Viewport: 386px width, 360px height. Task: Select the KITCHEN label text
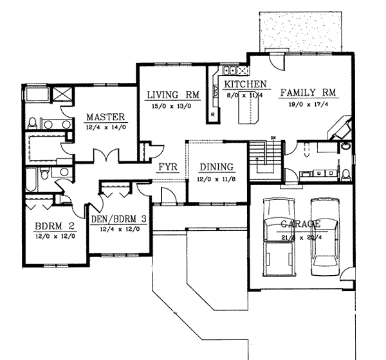point(244,84)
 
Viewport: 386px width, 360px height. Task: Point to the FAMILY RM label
point(308,93)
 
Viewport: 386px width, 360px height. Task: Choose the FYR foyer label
point(167,168)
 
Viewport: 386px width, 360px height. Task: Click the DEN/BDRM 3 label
point(118,219)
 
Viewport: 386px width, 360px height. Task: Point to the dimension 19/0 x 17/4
point(308,104)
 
